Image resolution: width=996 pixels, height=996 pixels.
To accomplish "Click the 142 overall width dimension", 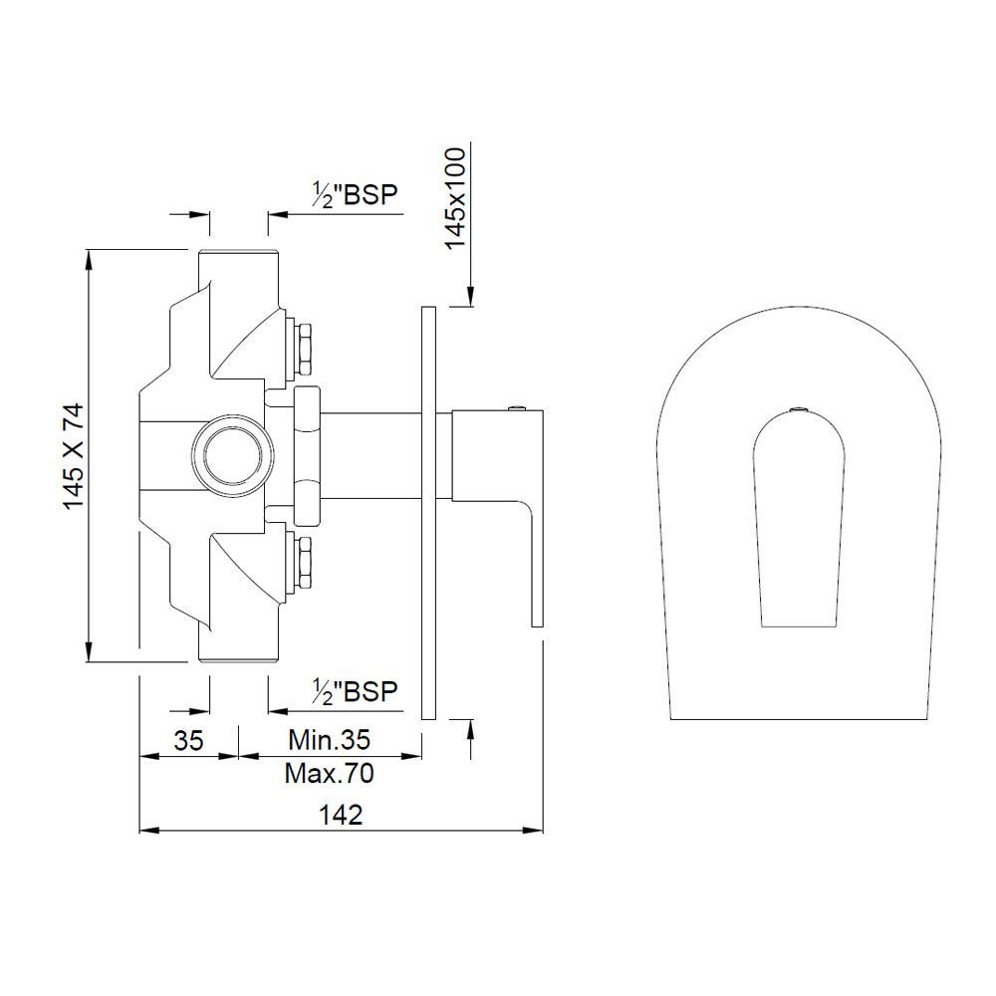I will click(x=341, y=814).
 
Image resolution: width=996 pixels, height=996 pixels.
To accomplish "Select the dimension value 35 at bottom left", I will click(x=189, y=741).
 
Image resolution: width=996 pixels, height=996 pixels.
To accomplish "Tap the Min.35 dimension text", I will click(x=330, y=740).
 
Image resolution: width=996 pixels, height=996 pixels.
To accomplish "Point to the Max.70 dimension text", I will click(x=330, y=772).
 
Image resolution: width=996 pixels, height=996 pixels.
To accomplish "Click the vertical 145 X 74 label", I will click(x=75, y=456).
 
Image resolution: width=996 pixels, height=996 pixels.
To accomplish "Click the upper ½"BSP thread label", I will click(x=355, y=195).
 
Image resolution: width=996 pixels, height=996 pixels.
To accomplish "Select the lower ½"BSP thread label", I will click(x=355, y=691).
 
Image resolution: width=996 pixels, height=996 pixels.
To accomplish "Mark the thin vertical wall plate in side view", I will click(x=428, y=513).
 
